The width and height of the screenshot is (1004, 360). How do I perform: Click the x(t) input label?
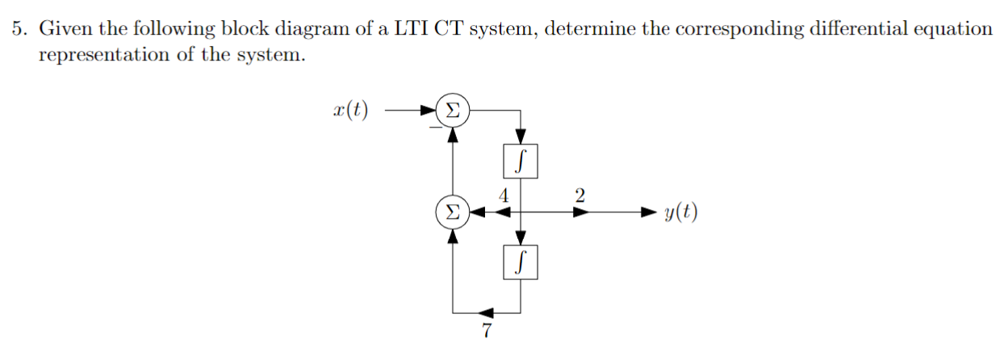pyautogui.click(x=349, y=110)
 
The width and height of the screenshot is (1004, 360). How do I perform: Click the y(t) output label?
pyautogui.click(x=681, y=213)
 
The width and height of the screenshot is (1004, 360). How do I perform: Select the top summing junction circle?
pyautogui.click(x=454, y=110)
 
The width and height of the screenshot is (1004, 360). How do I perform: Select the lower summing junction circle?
pyautogui.click(x=452, y=213)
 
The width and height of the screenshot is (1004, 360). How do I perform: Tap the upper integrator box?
pyautogui.click(x=521, y=160)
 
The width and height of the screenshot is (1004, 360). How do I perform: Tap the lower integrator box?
pyautogui.click(x=521, y=262)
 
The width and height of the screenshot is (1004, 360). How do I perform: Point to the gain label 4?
pyautogui.click(x=504, y=195)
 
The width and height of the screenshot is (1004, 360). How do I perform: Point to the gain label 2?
pyautogui.click(x=579, y=195)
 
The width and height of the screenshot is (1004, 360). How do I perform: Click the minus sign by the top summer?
pyautogui.click(x=434, y=126)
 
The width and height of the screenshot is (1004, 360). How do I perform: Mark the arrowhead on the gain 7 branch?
pyautogui.click(x=487, y=312)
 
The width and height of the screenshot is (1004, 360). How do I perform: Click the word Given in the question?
pyautogui.click(x=64, y=30)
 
